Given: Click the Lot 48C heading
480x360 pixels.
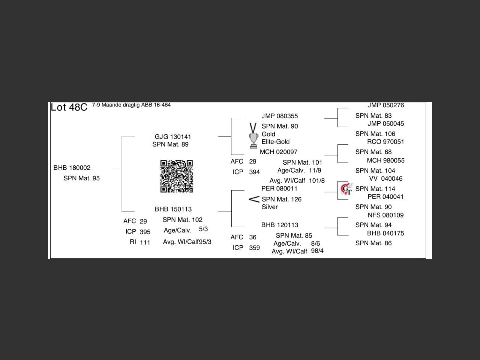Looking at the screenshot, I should point(69,107).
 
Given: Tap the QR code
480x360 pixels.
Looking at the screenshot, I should point(177,176).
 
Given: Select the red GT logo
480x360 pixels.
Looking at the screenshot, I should point(346,189).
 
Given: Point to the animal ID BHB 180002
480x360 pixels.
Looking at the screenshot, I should point(72,168).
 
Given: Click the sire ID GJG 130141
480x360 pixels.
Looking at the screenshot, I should point(173,137).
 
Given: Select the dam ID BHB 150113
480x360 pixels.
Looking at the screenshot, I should point(173,209).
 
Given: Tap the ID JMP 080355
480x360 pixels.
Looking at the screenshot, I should point(280,116).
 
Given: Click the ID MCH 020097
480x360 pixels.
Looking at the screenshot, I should point(279,152).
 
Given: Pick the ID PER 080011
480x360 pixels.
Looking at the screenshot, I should point(279,188).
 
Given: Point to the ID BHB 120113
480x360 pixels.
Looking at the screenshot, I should point(280,225).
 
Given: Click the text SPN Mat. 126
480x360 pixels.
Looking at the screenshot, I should point(282,199).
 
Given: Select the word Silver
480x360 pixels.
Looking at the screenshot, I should point(270,207).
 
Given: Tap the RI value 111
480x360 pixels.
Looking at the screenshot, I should point(145,242).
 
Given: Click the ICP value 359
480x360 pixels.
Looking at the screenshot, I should point(255,248).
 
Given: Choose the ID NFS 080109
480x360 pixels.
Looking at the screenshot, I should point(385,215).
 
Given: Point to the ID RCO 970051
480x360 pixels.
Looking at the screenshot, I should point(385,142).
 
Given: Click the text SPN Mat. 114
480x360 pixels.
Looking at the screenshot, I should point(375,189).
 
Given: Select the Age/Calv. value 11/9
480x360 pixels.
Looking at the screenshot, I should point(315,170).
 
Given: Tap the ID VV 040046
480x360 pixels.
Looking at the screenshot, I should point(385,178).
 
